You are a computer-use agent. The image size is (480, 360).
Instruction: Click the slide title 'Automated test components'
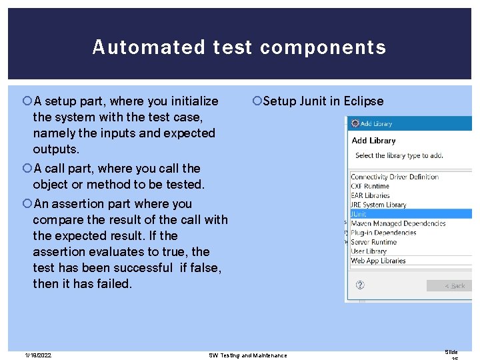239,47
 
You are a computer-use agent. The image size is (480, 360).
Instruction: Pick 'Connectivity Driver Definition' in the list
395,177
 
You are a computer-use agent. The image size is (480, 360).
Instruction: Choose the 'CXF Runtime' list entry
370,186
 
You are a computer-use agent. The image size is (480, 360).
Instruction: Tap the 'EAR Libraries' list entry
371,195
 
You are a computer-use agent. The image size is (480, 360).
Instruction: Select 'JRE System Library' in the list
379,205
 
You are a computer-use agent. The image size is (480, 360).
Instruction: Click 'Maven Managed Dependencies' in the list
399,223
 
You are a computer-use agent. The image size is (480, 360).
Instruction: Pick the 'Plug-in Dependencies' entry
383,233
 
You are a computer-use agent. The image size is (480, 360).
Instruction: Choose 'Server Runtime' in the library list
374,242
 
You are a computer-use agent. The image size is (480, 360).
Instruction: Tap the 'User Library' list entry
369,251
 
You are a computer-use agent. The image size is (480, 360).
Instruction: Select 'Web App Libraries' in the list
378,261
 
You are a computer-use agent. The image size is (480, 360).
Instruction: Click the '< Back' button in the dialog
454,285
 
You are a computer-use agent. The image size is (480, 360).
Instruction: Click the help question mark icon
360,285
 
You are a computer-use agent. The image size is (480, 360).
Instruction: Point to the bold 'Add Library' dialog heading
373,141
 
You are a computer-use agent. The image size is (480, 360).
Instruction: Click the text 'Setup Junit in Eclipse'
323,101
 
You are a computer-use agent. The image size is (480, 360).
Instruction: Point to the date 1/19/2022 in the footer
38,355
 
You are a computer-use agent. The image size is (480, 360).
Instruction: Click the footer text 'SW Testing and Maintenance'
247,355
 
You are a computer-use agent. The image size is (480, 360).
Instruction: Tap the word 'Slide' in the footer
451,351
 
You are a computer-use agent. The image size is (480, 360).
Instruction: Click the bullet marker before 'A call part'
27,169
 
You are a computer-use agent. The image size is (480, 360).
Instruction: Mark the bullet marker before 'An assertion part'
27,204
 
